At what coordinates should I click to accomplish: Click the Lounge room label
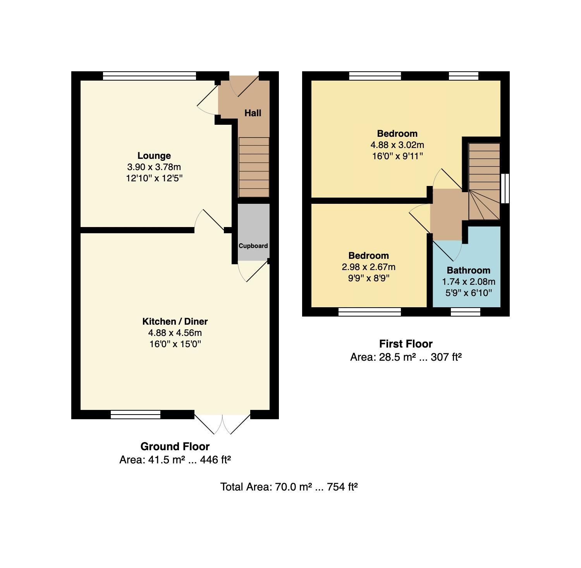click(154, 156)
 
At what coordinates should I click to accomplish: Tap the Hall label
click(253, 113)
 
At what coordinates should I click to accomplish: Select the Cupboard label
click(253, 246)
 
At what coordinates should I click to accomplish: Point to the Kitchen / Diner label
click(175, 321)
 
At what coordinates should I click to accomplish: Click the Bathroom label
click(468, 270)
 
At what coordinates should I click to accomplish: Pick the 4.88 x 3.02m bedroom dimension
click(397, 145)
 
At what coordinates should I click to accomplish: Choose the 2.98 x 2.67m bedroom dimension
click(368, 267)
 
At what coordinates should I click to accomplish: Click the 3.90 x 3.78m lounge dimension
click(154, 167)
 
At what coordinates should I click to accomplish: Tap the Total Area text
click(289, 487)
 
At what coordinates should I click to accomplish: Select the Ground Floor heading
click(175, 446)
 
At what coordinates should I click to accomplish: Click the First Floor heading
click(406, 344)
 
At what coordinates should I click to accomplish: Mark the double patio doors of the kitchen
click(222, 423)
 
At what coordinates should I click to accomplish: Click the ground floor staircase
click(254, 167)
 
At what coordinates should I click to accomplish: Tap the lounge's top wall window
click(149, 76)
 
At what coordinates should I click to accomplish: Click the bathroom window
click(466, 312)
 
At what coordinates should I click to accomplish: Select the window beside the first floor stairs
click(505, 188)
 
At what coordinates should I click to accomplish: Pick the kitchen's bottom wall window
click(136, 415)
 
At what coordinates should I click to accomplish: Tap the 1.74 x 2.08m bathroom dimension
click(468, 282)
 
